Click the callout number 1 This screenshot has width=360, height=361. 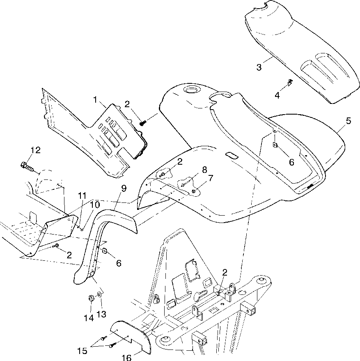click(95, 100)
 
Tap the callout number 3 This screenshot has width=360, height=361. click(259, 67)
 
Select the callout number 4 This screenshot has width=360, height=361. click(277, 95)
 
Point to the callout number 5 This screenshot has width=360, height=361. click(348, 121)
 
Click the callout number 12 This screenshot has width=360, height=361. click(35, 150)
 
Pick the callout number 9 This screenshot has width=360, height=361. click(124, 188)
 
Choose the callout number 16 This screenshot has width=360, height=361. click(127, 357)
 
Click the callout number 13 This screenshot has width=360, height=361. click(101, 314)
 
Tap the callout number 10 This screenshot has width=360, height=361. click(94, 204)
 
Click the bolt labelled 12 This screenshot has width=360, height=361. click(25, 166)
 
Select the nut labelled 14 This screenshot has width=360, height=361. click(90, 298)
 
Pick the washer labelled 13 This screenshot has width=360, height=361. click(100, 294)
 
